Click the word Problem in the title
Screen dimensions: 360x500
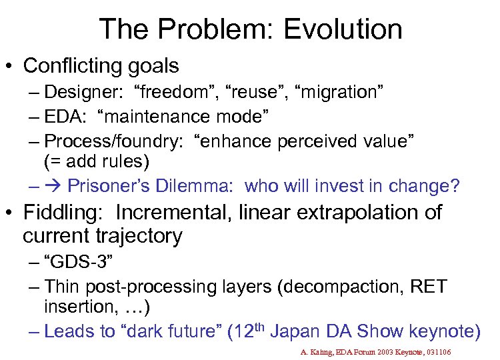[216, 29]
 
